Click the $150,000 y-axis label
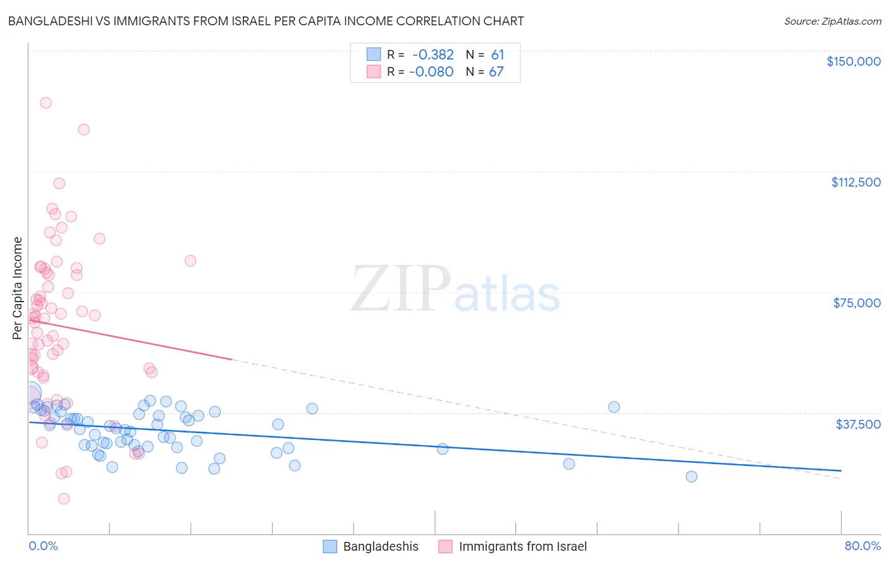pos(853,61)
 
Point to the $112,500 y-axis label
pos(855,182)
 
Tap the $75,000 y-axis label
pos(857,303)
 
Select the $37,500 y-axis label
pos(858,424)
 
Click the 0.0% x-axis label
pos(43,546)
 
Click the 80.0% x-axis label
pos(862,546)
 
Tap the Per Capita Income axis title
pos(18,288)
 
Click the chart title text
pos(266,21)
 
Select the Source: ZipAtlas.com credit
pos(832,21)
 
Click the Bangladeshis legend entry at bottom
pos(381,546)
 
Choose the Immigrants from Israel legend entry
pos(522,546)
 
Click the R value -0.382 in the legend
pos(432,55)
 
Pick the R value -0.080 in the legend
pos(431,72)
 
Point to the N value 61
pos(498,55)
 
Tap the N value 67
pos(496,72)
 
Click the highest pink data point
pos(46,102)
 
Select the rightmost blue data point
pos(691,476)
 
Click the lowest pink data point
pos(64,499)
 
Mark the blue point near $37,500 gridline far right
pos(613,407)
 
